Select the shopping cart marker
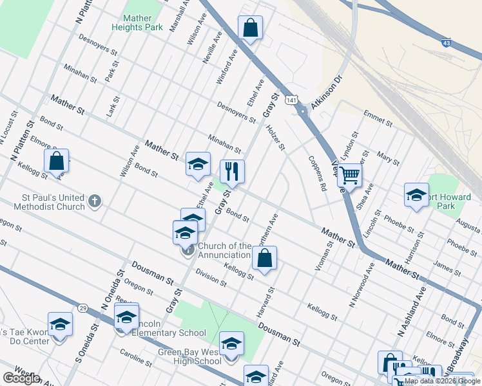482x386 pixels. click(349, 175)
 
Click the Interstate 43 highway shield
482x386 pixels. click(446, 42)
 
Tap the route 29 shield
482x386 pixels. click(82, 309)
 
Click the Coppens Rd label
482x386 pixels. click(317, 172)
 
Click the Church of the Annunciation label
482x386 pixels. click(224, 250)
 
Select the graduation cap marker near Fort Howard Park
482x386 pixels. click(416, 196)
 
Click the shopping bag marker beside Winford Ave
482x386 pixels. click(250, 29)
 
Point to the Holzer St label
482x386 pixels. click(275, 137)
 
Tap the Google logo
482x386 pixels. click(21, 378)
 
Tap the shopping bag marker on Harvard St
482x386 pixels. click(264, 259)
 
